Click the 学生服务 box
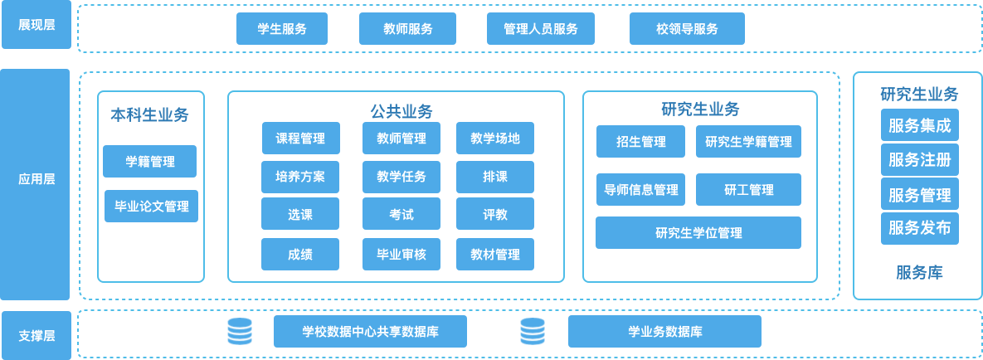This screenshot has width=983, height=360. [282, 29]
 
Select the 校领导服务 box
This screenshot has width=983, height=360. [687, 29]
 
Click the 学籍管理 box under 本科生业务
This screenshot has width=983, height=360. [150, 162]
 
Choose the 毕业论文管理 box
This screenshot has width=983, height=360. [152, 206]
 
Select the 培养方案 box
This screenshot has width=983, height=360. [300, 177]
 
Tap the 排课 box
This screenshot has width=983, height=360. [495, 177]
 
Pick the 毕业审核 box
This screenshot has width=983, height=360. [401, 254]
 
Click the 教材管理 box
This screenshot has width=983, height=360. [495, 254]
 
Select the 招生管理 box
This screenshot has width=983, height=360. [640, 142]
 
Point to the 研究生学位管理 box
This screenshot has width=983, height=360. [698, 232]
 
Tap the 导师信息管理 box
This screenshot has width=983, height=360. [640, 190]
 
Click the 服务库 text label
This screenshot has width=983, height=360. [919, 272]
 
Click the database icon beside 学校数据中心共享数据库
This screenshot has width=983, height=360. [240, 332]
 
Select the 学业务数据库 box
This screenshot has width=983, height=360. [664, 332]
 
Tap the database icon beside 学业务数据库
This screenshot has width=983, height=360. [533, 332]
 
